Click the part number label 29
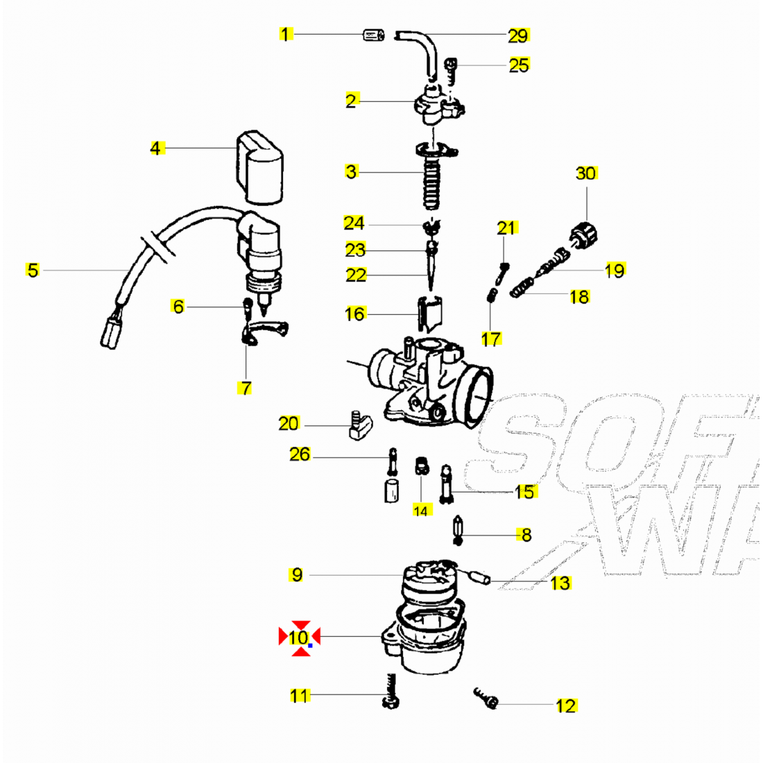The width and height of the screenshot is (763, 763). [518, 35]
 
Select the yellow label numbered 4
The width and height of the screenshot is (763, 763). [156, 148]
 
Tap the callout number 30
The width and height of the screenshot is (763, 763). [586, 173]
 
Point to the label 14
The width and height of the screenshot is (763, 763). [421, 511]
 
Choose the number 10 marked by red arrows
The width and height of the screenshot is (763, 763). [300, 637]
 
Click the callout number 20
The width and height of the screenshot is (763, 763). [289, 423]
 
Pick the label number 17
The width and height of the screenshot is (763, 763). [491, 338]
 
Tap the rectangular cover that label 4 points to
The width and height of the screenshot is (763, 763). [259, 168]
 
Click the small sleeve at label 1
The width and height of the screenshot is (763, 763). [374, 35]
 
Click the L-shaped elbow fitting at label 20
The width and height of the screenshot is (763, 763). [359, 425]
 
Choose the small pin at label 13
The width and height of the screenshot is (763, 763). [479, 576]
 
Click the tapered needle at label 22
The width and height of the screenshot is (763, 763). [431, 272]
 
